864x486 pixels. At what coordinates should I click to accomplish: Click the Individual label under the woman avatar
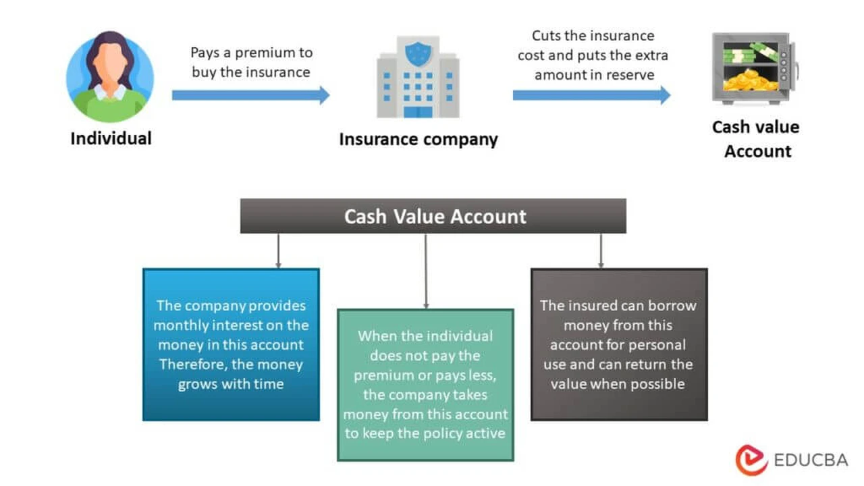[111, 138]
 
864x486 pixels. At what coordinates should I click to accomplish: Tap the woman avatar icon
[110, 76]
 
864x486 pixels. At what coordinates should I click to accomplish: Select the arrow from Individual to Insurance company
[250, 95]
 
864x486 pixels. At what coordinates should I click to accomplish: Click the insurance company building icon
[418, 77]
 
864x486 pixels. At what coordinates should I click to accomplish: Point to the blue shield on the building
[418, 54]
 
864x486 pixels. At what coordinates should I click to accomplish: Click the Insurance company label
[418, 139]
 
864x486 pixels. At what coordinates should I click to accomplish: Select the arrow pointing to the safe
[592, 95]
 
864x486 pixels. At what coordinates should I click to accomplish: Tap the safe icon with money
[755, 69]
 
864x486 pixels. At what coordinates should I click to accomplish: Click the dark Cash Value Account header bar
[433, 216]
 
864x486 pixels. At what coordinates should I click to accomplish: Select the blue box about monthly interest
[231, 344]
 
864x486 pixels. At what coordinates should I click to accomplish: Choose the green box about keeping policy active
[425, 385]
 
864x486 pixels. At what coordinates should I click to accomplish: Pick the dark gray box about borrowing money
[619, 344]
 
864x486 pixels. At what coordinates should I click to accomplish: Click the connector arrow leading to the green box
[426, 271]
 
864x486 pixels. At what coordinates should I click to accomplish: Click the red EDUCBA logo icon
[751, 460]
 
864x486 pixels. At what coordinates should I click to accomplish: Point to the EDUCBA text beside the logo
[811, 460]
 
